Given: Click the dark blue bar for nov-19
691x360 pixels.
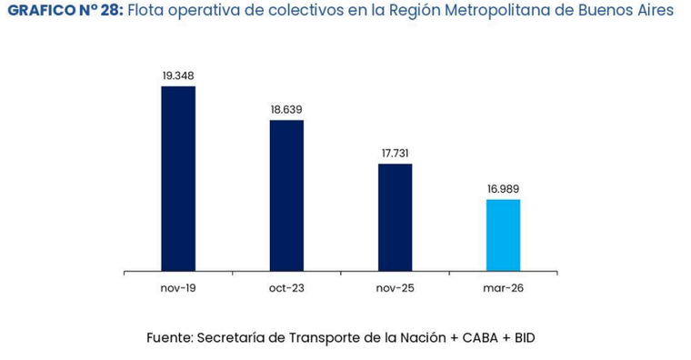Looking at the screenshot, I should [x=178, y=178].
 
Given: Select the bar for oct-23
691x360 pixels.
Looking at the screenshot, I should [x=286, y=195].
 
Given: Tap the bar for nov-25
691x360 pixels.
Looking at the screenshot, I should [x=395, y=217].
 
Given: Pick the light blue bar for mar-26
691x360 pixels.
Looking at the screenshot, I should [x=503, y=235].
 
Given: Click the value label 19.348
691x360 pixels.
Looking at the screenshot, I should [x=178, y=75].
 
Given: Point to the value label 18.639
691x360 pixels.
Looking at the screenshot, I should [x=286, y=109].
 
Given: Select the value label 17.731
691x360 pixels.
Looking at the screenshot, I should [x=395, y=153].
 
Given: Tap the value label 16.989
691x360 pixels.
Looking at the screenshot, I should [x=503, y=189].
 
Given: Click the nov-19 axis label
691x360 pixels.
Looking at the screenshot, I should [x=178, y=287].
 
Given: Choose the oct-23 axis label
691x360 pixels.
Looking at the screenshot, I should [x=286, y=287].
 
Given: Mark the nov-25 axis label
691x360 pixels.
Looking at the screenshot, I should [x=395, y=287].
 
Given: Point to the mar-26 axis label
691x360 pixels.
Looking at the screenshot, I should [x=503, y=287].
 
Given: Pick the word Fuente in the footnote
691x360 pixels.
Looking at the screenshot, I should [x=169, y=337].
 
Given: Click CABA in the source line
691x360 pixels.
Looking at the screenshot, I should [x=481, y=337].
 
